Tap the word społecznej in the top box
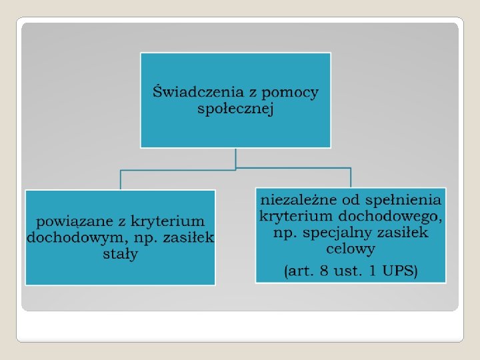tap(235, 109)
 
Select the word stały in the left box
tap(120, 254)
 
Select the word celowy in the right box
tap(351, 249)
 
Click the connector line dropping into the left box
tap(121, 179)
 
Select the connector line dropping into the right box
tap(351, 177)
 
